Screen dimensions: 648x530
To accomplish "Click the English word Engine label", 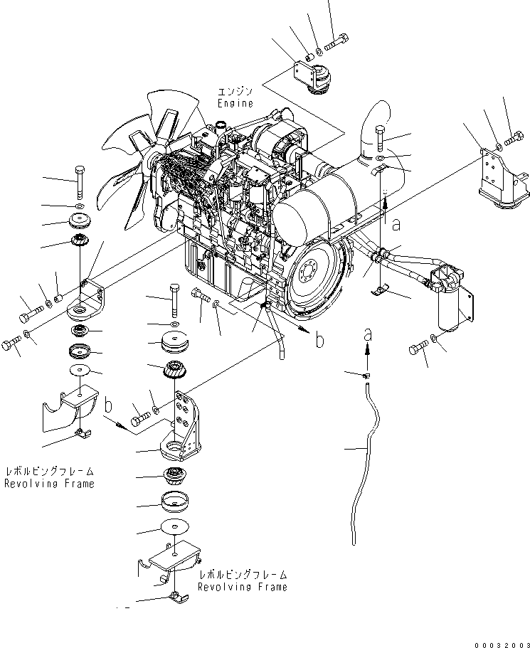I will (236, 104).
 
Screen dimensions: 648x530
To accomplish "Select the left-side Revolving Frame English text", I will (49, 483).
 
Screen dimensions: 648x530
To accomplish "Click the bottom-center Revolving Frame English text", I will (243, 587).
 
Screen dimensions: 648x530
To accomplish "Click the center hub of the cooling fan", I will (152, 162).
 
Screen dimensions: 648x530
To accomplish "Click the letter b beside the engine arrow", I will (319, 341).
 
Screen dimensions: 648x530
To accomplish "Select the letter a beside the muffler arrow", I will (396, 224).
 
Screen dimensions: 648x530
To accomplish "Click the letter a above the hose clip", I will (367, 334).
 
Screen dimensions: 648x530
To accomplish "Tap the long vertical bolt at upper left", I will (79, 182).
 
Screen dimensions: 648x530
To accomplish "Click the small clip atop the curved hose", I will (364, 374).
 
